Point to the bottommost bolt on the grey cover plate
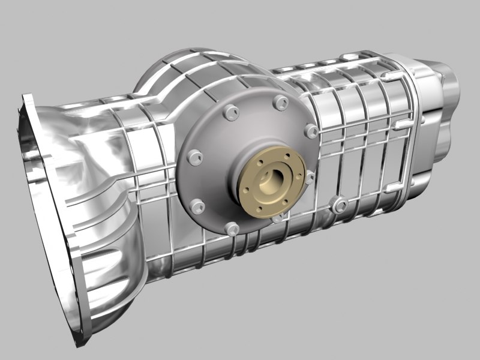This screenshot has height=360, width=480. coord(231,228)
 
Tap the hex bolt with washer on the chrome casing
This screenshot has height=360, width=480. coord(340,206)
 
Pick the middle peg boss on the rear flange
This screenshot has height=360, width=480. coord(399,124)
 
